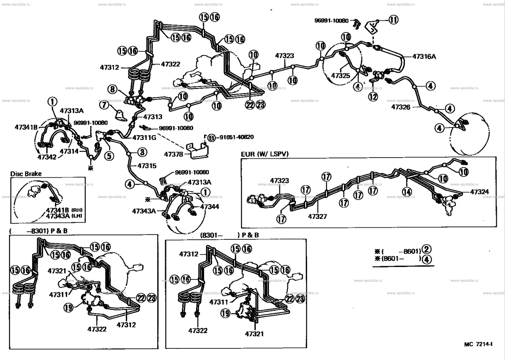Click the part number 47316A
424,57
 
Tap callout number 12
373,96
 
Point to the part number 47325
340,75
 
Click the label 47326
401,107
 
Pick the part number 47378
174,153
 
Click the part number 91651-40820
236,137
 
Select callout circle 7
104,105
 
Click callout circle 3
142,152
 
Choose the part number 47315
147,165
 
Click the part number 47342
47,157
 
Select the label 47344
210,207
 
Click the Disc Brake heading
26,174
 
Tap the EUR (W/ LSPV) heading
265,154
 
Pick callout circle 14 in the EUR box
407,192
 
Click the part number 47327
318,216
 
